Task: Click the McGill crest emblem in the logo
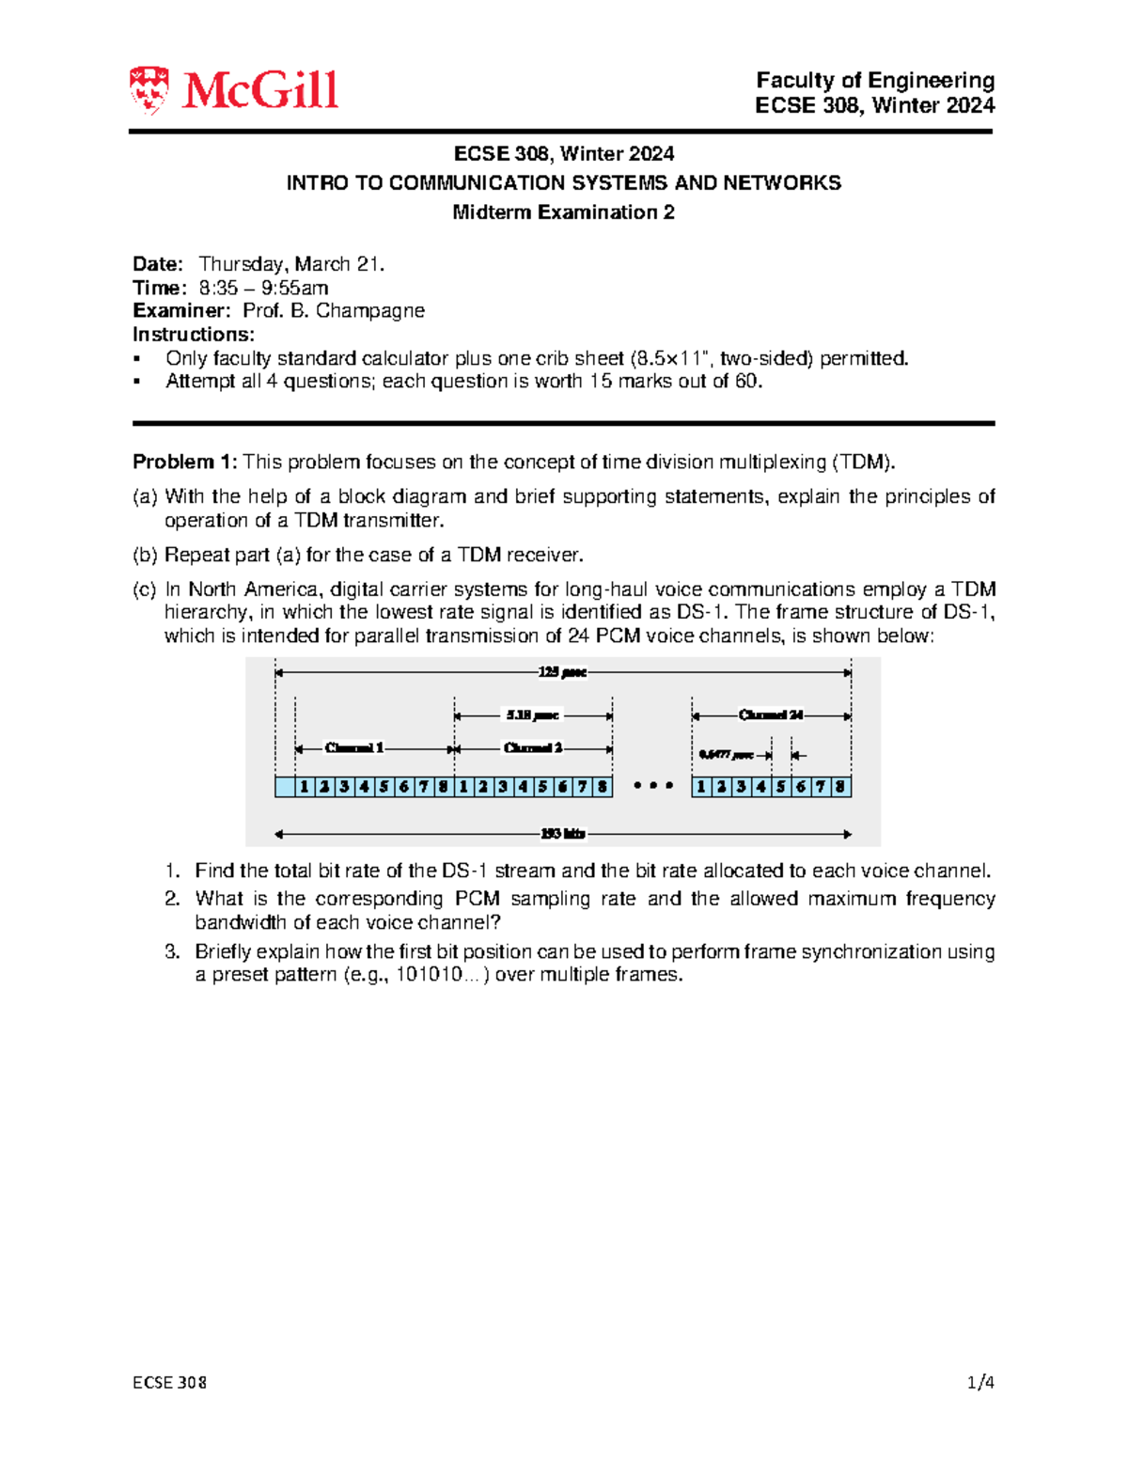[x=149, y=90]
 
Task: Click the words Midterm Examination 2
[x=563, y=212]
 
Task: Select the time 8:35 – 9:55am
[x=263, y=288]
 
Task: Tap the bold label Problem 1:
[x=185, y=462]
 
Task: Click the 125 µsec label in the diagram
[x=562, y=672]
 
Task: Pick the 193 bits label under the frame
[x=562, y=834]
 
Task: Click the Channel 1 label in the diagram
[x=354, y=748]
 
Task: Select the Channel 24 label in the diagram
[x=771, y=715]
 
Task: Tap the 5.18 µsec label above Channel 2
[x=532, y=715]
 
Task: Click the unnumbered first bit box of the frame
[x=285, y=787]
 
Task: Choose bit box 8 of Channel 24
[x=840, y=787]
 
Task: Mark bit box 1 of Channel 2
[x=463, y=787]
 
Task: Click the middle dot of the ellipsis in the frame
[x=653, y=786]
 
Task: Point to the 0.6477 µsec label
[x=726, y=755]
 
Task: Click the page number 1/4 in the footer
[x=980, y=1382]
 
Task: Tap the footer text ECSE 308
[x=169, y=1382]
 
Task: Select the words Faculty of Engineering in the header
[x=875, y=81]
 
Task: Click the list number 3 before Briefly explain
[x=171, y=951]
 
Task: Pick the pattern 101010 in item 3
[x=428, y=975]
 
